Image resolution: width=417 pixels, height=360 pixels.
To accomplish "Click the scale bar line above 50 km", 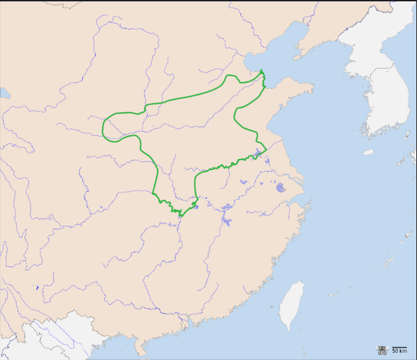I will click(399, 347).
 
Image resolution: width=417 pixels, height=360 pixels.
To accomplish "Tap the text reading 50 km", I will click(399, 352).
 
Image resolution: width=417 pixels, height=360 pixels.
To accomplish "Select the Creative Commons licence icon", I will click(381, 349).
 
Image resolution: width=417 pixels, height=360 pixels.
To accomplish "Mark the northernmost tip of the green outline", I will click(262, 70).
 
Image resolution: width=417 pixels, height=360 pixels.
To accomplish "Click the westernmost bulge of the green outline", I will click(104, 127).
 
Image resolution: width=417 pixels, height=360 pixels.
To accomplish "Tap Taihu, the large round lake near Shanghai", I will click(281, 187).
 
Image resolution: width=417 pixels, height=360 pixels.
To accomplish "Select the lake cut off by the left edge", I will click(3, 94).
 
